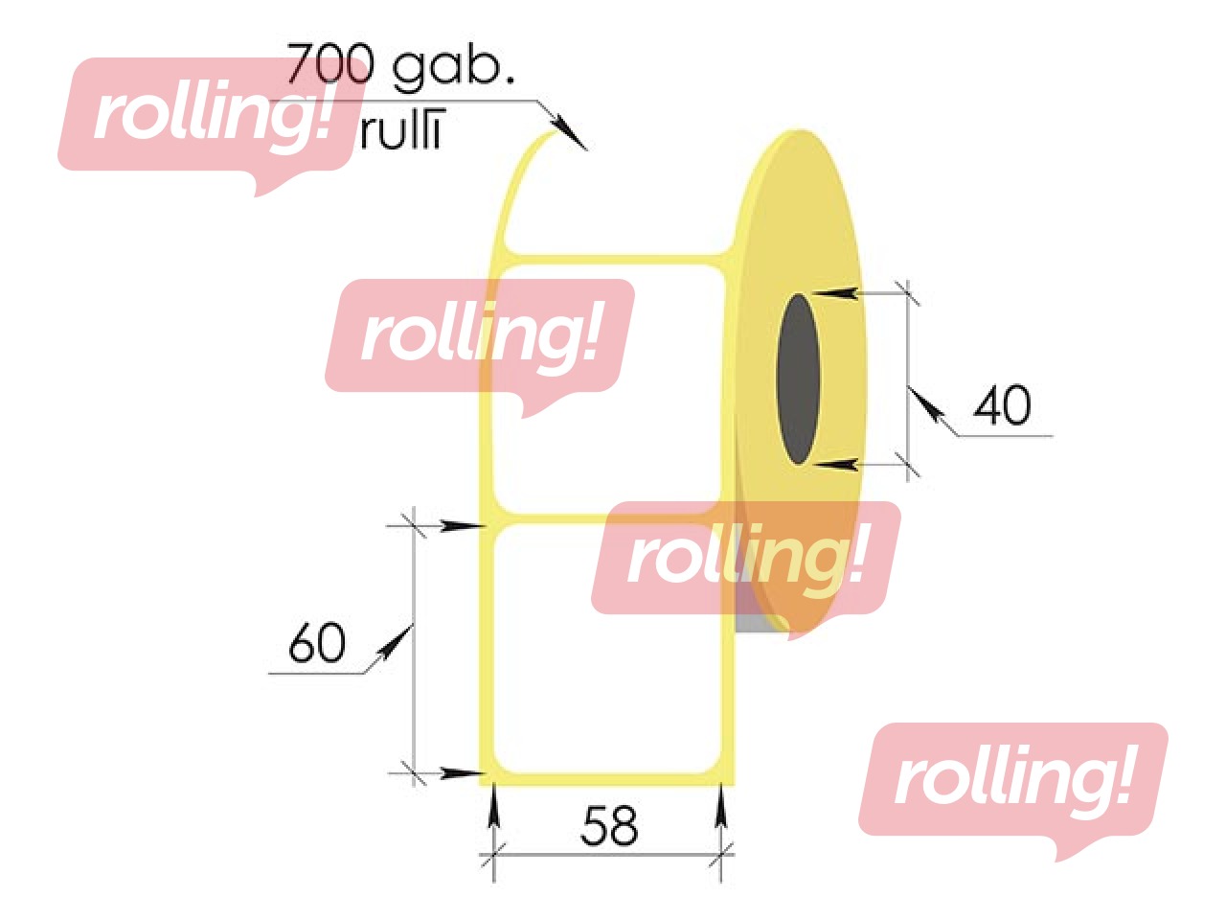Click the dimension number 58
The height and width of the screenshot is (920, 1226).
609,825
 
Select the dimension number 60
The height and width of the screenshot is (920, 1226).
317,643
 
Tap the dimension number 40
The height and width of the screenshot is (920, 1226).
1002,405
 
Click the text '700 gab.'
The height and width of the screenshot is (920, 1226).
400,65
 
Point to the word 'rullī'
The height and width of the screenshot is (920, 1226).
402,132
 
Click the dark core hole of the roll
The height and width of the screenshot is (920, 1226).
799,379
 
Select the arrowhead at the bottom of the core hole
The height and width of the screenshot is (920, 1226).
835,465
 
